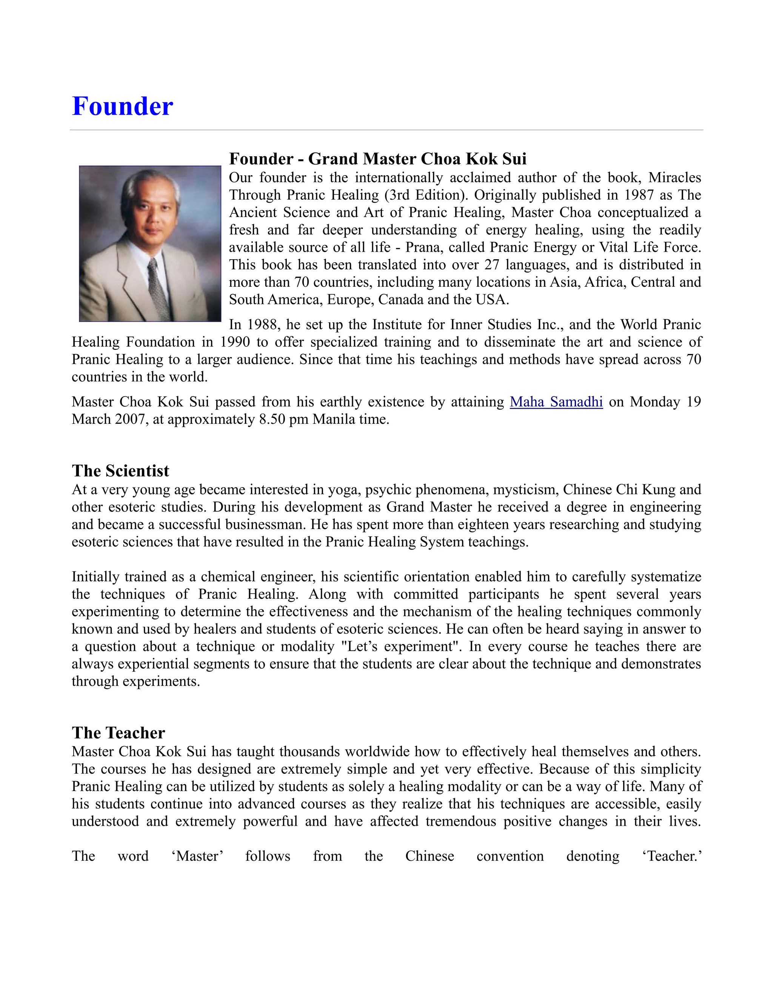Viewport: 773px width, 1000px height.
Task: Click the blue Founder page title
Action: click(122, 106)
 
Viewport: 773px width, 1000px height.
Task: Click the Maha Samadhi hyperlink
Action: click(556, 402)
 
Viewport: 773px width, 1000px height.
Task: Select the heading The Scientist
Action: click(120, 471)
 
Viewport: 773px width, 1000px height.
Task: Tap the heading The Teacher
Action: click(118, 732)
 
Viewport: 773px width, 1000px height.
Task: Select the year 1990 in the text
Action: click(235, 342)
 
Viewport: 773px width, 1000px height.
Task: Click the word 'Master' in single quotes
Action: click(197, 856)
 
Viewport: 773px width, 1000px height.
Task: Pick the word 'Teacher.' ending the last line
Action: click(672, 856)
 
